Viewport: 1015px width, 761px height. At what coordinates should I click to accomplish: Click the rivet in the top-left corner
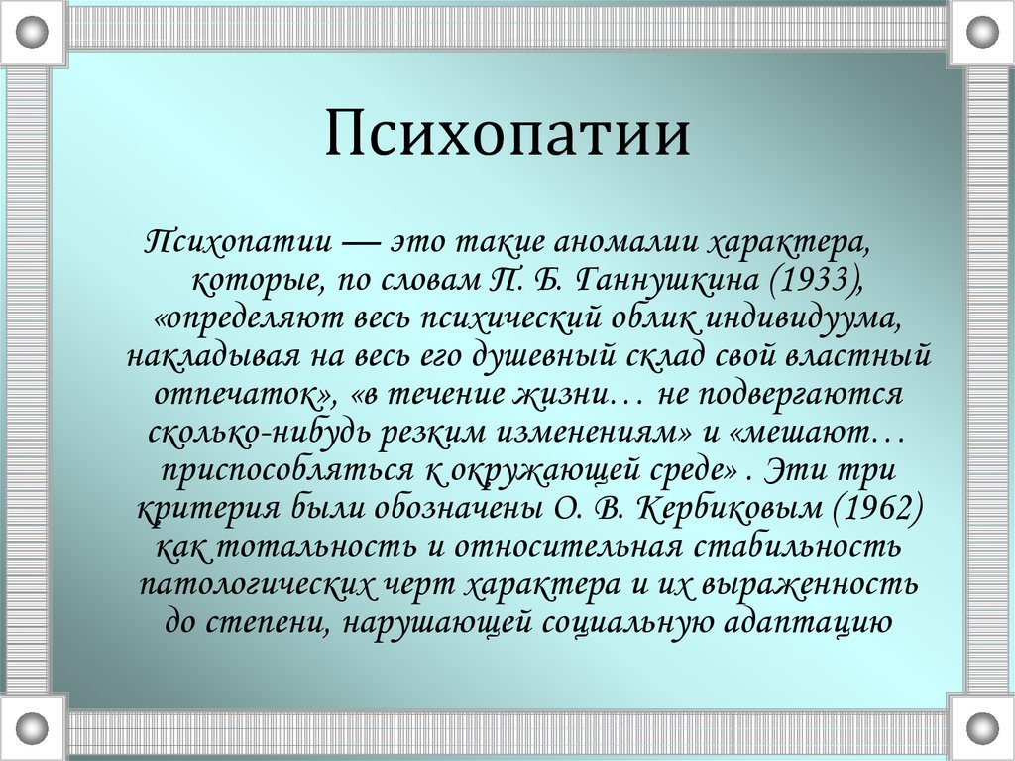[32, 32]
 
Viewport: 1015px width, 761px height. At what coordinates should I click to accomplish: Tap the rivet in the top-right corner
[982, 32]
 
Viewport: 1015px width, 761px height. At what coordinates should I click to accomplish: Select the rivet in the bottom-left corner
[32, 728]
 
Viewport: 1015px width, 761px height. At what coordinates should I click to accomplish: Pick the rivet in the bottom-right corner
[982, 728]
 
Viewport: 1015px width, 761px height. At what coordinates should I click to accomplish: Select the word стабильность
[798, 546]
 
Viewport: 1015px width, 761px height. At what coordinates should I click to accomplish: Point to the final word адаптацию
[808, 622]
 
